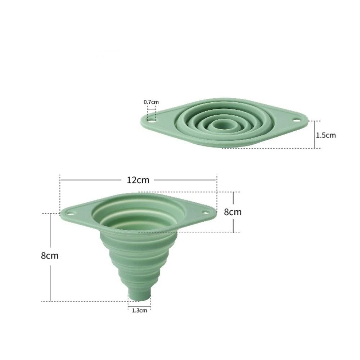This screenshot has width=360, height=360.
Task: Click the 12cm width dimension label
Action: [138, 180]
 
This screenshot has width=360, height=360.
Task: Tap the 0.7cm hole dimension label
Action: [151, 102]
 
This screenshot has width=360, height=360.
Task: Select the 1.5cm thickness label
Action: [326, 135]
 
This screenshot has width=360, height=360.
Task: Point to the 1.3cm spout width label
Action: [139, 310]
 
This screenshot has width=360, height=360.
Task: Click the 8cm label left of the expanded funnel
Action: [50, 256]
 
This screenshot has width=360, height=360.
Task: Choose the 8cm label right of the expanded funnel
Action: [233, 212]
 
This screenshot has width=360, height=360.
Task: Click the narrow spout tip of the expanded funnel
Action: [139, 295]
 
